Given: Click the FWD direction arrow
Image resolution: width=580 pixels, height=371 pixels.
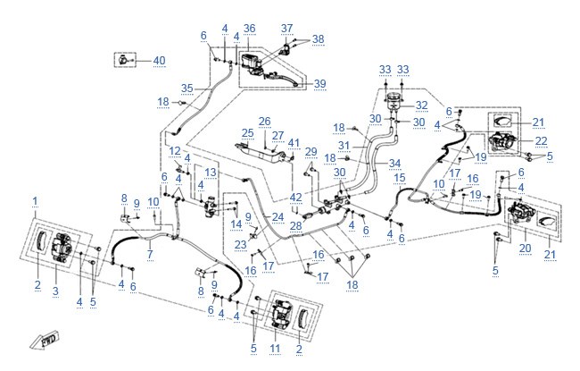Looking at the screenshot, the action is click(45, 341).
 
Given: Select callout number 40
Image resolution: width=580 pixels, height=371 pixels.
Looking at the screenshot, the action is click(159, 61).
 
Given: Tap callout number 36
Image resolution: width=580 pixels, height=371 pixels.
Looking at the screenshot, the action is click(250, 29).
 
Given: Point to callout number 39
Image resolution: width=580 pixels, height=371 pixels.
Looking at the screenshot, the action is click(320, 83).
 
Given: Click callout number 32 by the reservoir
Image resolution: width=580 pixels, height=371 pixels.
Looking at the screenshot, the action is click(422, 105).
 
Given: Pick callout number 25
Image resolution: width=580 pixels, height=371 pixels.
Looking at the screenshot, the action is click(248, 133).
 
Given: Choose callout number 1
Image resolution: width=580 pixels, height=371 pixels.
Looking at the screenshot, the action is click(35, 201).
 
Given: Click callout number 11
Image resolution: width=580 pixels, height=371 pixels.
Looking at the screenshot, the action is click(275, 349).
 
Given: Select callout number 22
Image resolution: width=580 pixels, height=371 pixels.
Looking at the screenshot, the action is click(541, 141).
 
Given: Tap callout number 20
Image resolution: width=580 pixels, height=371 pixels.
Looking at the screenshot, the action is click(526, 248).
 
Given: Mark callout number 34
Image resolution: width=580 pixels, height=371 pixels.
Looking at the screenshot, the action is click(395, 163).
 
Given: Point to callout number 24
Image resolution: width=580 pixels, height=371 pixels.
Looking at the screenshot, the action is click(278, 217).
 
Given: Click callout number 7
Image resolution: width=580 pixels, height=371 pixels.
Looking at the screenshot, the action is click(150, 254).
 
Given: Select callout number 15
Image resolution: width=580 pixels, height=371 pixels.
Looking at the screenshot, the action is click(400, 178).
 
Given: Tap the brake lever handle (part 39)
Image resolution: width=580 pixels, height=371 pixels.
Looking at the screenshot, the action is click(285, 80).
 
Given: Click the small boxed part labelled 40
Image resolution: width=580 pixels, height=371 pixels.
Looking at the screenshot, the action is click(123, 60).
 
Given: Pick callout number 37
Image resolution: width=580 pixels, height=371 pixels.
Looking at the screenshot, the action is click(287, 29).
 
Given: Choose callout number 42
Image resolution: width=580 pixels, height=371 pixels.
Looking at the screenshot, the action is click(296, 198).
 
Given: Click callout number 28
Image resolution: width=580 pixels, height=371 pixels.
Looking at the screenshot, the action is click(296, 225).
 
